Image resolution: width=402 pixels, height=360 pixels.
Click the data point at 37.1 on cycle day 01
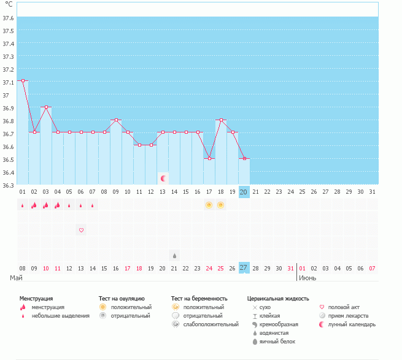[23, 80]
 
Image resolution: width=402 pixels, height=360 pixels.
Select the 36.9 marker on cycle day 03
[46, 107]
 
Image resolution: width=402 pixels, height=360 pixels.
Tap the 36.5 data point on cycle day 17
[209, 158]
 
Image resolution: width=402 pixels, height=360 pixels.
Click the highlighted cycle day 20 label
[243, 192]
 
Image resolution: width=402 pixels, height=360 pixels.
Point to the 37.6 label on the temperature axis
[8, 18]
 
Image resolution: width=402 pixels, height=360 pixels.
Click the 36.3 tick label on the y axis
[8, 185]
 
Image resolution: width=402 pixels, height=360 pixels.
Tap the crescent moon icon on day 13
[163, 178]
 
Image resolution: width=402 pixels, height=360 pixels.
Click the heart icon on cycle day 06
[81, 230]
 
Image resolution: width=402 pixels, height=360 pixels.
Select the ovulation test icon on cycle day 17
[209, 205]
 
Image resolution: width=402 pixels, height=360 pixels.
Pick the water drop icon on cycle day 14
[174, 256]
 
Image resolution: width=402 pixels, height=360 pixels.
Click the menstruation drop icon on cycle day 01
[23, 205]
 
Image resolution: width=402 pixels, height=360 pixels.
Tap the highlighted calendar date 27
[243, 268]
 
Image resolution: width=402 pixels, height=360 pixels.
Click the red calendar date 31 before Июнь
[290, 268]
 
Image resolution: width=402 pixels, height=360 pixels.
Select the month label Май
[16, 278]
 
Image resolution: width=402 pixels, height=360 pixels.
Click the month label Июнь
[307, 278]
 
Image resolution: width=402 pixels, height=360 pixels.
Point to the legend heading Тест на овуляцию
[122, 299]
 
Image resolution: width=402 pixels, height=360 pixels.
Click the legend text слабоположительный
[211, 324]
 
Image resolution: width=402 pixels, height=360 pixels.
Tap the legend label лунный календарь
[352, 324]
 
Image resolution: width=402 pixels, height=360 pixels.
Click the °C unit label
[9, 4]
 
